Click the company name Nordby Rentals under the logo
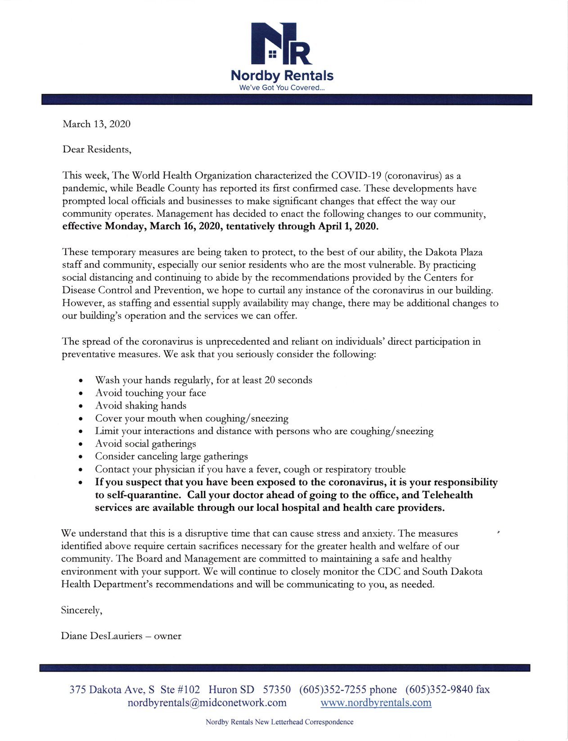tap(282, 76)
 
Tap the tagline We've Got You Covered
tap(282, 88)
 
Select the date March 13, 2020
tap(97, 124)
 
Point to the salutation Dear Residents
tap(97, 149)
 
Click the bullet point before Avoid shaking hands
tap(80, 406)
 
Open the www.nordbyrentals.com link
tap(376, 703)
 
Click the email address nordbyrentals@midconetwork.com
tap(207, 703)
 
